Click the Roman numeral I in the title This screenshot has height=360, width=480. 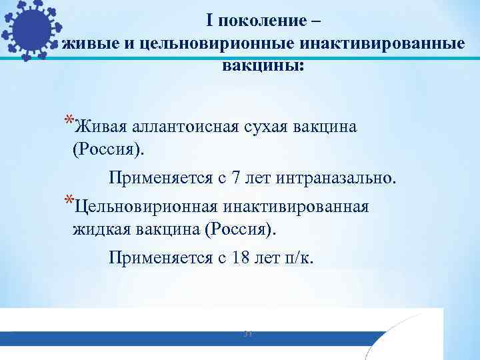(210, 21)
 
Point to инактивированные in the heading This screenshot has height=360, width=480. (383, 43)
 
